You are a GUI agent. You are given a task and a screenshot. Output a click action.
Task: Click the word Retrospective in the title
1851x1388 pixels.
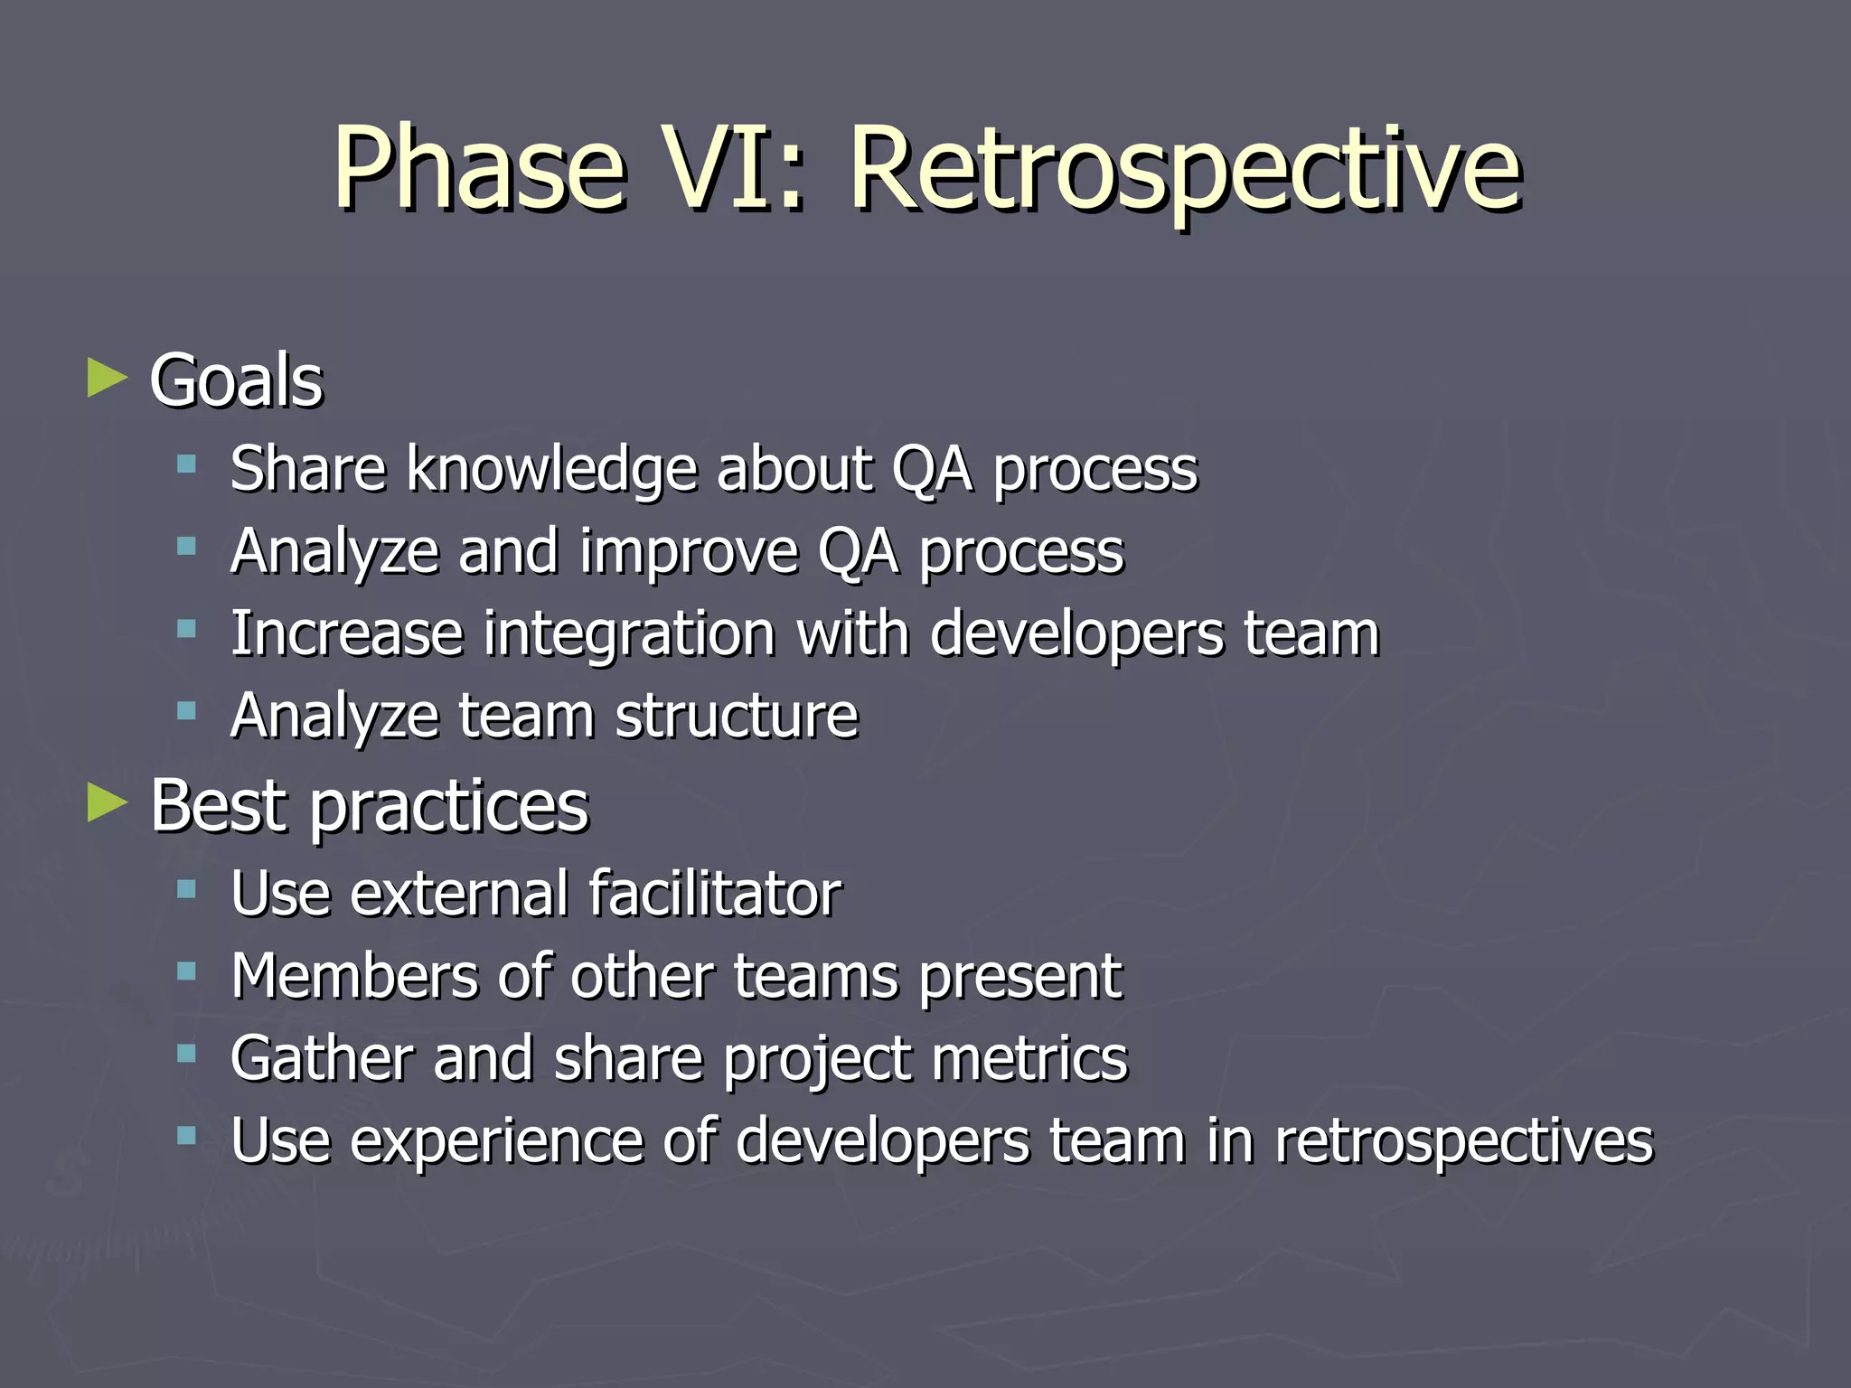[x=1186, y=172]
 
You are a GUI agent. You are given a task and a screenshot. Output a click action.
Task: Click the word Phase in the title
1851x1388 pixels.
[x=479, y=172]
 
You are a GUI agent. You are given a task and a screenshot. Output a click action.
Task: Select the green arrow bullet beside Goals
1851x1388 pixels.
[x=108, y=379]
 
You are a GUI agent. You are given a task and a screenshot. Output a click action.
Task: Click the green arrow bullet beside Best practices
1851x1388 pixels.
[x=108, y=802]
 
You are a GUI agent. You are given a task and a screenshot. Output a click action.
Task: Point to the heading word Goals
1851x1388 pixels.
[x=236, y=380]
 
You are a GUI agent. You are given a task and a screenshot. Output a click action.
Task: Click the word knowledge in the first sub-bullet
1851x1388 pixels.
[x=551, y=470]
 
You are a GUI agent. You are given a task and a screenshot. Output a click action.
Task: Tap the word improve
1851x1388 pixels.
[x=689, y=552]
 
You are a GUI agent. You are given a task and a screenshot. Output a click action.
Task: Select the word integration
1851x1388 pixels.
[x=629, y=633]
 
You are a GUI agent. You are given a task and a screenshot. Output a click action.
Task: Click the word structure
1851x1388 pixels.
[x=737, y=716]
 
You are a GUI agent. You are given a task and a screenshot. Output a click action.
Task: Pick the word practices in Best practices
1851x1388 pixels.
[x=449, y=806]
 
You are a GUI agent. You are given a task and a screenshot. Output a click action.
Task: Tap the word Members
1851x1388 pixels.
[x=353, y=976]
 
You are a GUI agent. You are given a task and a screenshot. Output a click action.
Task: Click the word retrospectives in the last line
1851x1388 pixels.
[x=1463, y=1141]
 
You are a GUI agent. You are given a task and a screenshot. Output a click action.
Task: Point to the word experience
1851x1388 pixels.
[x=495, y=1141]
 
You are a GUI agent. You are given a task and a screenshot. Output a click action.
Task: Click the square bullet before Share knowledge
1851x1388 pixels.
[x=187, y=465]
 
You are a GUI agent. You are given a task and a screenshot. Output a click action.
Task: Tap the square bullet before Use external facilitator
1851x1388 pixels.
[x=187, y=889]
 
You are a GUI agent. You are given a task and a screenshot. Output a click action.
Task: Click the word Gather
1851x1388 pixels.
[x=321, y=1058]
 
